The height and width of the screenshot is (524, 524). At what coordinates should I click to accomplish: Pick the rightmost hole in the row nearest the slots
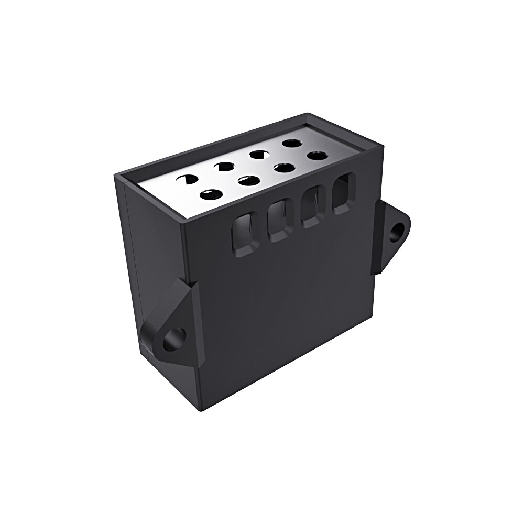pos(317,156)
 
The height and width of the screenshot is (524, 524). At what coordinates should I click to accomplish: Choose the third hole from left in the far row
pos(257,154)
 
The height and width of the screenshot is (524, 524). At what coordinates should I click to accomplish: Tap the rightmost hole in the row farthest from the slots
pos(291,142)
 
